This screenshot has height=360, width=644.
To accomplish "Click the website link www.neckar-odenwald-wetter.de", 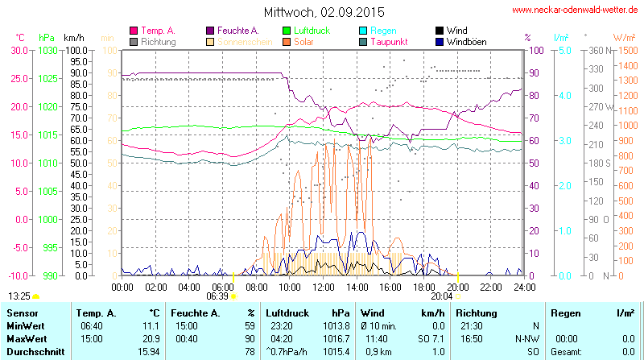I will pyautogui.click(x=576, y=10).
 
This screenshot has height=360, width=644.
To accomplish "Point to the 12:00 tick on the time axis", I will pyautogui.click(x=324, y=287).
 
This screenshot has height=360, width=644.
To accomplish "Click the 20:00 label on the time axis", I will pyautogui.click(x=457, y=287).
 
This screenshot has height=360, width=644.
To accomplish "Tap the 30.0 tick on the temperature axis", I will pyautogui.click(x=19, y=50).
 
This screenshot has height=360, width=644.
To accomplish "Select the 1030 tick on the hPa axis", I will pyautogui.click(x=47, y=50).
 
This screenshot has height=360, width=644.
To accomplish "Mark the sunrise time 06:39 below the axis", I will pyautogui.click(x=217, y=296).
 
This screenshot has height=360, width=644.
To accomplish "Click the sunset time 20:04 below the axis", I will pyautogui.click(x=441, y=296).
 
